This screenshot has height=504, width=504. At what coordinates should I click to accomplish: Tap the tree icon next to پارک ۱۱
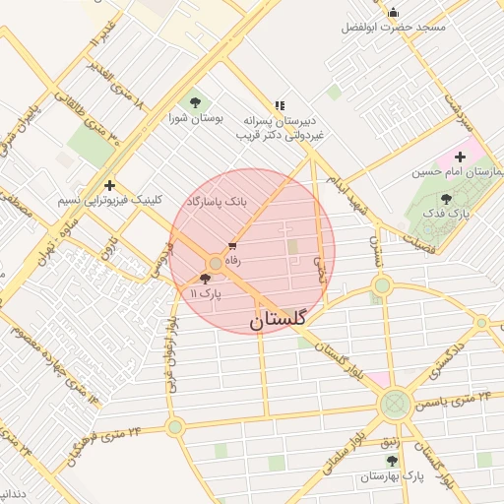point(205,280)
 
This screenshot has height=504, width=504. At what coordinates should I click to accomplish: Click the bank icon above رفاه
point(232,246)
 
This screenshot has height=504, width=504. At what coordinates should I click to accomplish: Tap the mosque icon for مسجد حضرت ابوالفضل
point(394,13)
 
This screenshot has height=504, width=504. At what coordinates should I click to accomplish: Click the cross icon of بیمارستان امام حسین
point(460,157)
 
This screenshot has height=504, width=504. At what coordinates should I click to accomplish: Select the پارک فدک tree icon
point(446,199)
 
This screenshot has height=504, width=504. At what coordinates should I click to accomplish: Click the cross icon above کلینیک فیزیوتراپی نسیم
point(108,185)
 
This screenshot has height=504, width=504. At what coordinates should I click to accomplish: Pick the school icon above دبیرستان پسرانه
point(280,104)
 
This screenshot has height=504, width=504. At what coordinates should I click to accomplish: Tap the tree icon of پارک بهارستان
point(392,461)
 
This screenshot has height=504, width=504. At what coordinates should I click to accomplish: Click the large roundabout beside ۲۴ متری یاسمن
point(396,403)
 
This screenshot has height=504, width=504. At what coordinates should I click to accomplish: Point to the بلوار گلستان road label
point(341,360)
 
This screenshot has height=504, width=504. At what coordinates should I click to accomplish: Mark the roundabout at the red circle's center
point(216,264)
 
